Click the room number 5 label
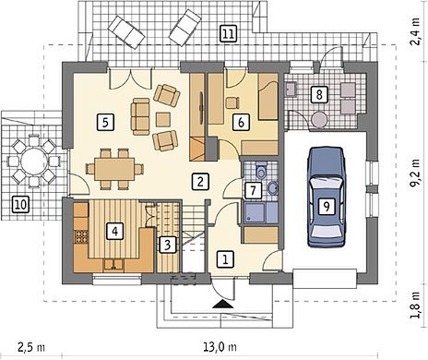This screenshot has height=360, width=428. (105, 123)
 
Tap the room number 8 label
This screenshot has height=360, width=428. (319, 94)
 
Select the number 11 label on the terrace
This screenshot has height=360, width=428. (228, 34)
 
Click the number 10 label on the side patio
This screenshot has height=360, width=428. (21, 205)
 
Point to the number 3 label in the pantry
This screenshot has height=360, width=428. (167, 245)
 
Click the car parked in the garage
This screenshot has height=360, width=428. (327, 198)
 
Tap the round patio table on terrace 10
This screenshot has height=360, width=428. (34, 162)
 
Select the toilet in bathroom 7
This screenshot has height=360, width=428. (261, 170)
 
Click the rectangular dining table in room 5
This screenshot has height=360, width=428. (114, 169)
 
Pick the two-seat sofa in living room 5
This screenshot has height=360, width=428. (140, 117)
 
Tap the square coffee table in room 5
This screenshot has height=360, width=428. (163, 120)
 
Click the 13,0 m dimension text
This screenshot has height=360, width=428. (220, 347)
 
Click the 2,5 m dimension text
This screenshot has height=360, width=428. (31, 347)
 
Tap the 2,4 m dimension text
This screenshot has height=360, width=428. (416, 32)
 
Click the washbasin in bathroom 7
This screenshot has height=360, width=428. (272, 188)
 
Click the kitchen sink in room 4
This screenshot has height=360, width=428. (113, 265)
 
